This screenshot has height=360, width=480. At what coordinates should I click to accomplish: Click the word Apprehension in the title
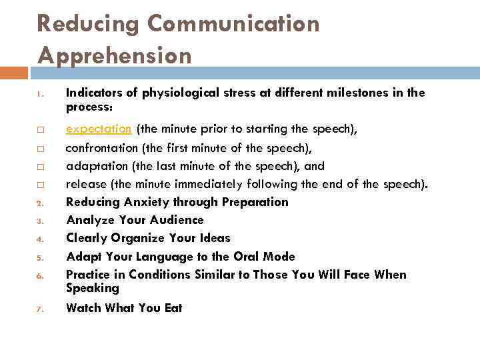[114, 55]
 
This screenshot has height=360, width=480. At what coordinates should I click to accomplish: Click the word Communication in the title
[233, 24]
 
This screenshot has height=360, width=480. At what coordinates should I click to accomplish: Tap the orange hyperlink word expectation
[99, 129]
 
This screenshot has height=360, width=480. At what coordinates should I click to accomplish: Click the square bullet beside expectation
[41, 129]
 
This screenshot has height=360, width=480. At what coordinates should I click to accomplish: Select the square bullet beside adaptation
[41, 167]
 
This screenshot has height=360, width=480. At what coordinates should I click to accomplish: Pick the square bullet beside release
[41, 185]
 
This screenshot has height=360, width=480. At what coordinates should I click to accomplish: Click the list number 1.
[40, 94]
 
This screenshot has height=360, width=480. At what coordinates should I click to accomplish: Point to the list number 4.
[40, 239]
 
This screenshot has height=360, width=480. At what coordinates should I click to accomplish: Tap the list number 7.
[40, 309]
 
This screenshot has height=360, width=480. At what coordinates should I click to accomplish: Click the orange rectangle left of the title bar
[14, 73]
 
